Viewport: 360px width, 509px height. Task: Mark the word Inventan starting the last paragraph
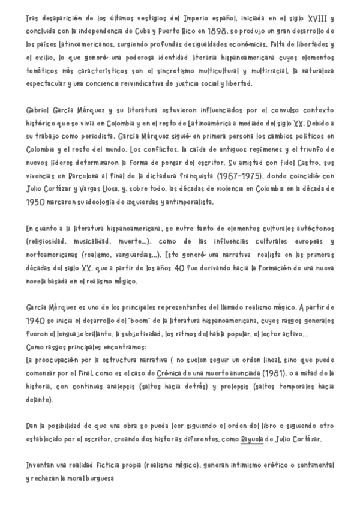pos(43,465)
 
